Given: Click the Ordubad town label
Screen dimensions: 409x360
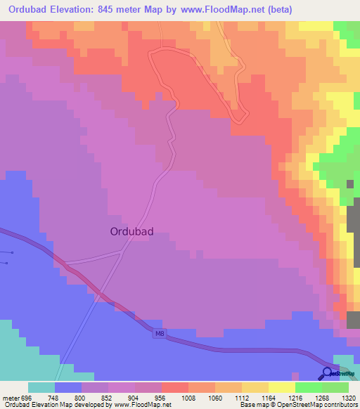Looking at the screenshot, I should click(132, 231).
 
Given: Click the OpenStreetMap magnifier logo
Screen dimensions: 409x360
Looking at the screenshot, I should click(328, 374).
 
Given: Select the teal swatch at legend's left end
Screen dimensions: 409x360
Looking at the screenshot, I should click(41, 387).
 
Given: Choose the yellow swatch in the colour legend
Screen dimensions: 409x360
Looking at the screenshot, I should click(281, 387).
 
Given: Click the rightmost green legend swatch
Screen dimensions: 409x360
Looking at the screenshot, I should click(335, 387).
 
